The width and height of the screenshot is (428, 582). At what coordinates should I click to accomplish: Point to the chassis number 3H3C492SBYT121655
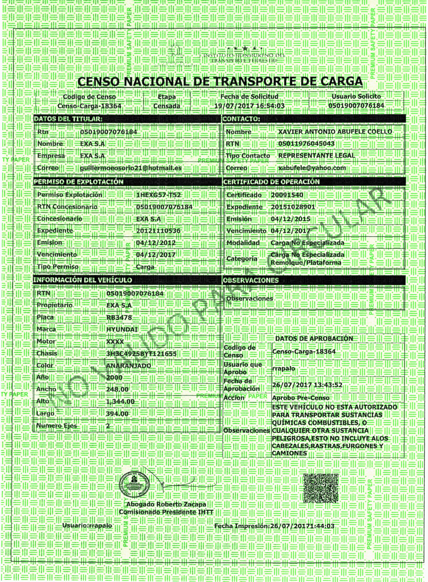click(x=141, y=354)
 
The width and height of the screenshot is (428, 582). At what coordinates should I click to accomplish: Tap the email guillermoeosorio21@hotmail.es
click(x=131, y=168)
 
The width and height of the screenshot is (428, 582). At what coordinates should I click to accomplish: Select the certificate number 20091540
click(x=287, y=195)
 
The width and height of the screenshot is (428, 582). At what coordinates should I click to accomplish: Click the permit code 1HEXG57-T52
click(x=158, y=195)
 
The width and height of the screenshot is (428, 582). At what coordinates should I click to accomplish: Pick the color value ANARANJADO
click(x=129, y=365)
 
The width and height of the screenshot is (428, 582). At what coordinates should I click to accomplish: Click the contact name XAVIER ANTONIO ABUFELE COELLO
click(x=335, y=131)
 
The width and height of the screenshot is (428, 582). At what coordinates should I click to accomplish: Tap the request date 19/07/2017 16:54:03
click(x=250, y=106)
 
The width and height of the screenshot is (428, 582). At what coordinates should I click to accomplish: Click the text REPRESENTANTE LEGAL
click(x=316, y=155)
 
